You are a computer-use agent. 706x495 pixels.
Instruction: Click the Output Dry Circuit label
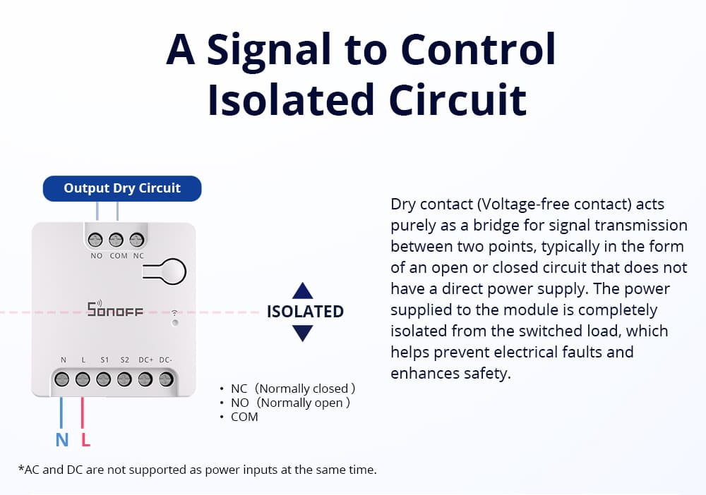[x=122, y=188]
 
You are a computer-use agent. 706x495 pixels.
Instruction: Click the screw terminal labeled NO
[x=97, y=240]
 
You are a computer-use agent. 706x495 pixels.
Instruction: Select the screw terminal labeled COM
[x=117, y=240]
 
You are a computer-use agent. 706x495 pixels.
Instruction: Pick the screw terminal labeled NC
[x=138, y=240]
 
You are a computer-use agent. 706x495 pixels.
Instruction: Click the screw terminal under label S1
[x=104, y=379]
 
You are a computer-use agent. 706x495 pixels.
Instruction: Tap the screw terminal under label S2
[x=125, y=379]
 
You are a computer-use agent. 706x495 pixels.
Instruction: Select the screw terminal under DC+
[x=145, y=379]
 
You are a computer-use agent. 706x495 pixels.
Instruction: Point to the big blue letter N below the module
[x=62, y=441]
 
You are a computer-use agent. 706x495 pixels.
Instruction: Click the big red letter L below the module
[x=85, y=441]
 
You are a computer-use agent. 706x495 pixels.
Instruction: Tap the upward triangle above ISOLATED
[x=302, y=291]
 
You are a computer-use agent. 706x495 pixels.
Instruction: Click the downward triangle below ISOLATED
[x=302, y=333]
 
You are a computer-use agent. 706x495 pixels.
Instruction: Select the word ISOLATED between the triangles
[x=305, y=312]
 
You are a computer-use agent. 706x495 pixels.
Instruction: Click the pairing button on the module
[x=164, y=271]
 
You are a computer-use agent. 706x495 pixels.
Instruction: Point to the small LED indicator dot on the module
[x=174, y=322]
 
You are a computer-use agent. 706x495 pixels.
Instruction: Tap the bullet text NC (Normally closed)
[x=292, y=389]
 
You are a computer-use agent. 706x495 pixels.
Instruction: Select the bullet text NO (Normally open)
[x=290, y=403]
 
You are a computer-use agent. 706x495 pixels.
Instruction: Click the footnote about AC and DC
[x=197, y=469]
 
